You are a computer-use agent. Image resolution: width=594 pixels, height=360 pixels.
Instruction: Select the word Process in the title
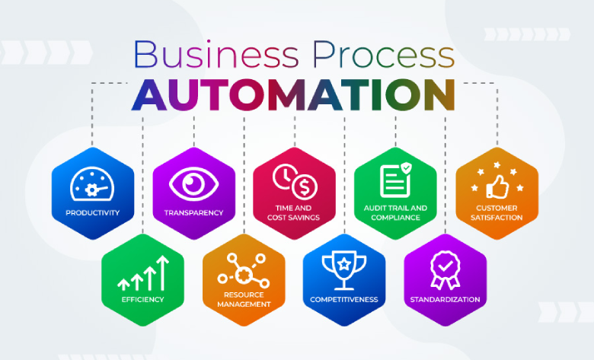click(x=383, y=54)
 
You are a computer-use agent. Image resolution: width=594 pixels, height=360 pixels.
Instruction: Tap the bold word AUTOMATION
click(x=294, y=95)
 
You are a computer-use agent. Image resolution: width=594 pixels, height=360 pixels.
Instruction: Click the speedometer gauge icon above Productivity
click(x=92, y=184)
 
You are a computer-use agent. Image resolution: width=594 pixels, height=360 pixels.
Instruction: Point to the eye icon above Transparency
click(x=193, y=184)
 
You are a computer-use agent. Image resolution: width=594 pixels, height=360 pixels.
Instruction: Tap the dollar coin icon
click(x=305, y=186)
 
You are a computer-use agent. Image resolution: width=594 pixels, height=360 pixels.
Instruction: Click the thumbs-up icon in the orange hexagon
click(x=497, y=186)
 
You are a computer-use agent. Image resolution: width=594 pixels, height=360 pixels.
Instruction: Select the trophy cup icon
click(x=344, y=270)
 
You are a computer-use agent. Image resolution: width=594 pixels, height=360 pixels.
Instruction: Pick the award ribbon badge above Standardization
click(x=445, y=270)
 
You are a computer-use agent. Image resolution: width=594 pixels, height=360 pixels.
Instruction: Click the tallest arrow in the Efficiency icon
click(x=162, y=273)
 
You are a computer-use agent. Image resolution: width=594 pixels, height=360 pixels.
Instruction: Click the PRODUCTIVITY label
click(x=92, y=213)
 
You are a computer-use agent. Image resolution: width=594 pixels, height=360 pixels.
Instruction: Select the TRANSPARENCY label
click(x=193, y=213)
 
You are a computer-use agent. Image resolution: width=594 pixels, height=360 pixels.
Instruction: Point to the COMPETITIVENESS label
click(x=344, y=299)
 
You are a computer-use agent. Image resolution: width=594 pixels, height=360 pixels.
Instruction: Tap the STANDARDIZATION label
click(x=445, y=299)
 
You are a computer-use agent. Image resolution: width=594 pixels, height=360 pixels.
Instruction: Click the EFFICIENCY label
click(x=143, y=299)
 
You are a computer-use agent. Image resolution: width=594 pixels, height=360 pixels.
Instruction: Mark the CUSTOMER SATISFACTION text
click(x=497, y=213)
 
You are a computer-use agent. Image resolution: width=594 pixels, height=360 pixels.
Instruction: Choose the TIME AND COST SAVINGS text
click(x=294, y=213)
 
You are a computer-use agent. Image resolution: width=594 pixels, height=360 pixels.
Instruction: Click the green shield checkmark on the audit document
click(x=406, y=167)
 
